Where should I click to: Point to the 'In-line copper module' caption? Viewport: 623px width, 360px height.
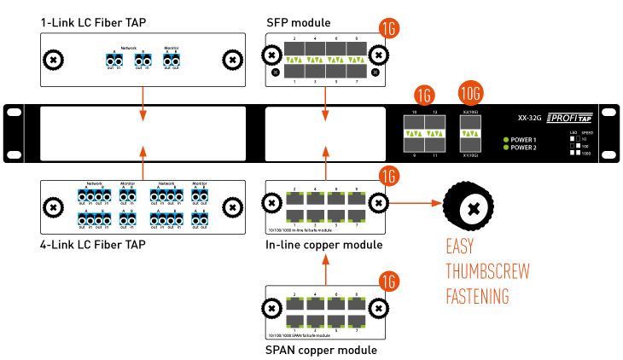coord(323,245)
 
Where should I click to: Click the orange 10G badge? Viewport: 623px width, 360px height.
coord(470,92)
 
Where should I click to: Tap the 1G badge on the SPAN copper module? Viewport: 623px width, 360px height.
coord(388,280)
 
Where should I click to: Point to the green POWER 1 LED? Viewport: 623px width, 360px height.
coord(507,139)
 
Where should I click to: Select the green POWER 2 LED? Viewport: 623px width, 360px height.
coord(507,148)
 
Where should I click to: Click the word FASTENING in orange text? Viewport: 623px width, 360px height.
coord(479,297)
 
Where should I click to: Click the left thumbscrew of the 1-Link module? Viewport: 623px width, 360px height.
coord(54,60)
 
